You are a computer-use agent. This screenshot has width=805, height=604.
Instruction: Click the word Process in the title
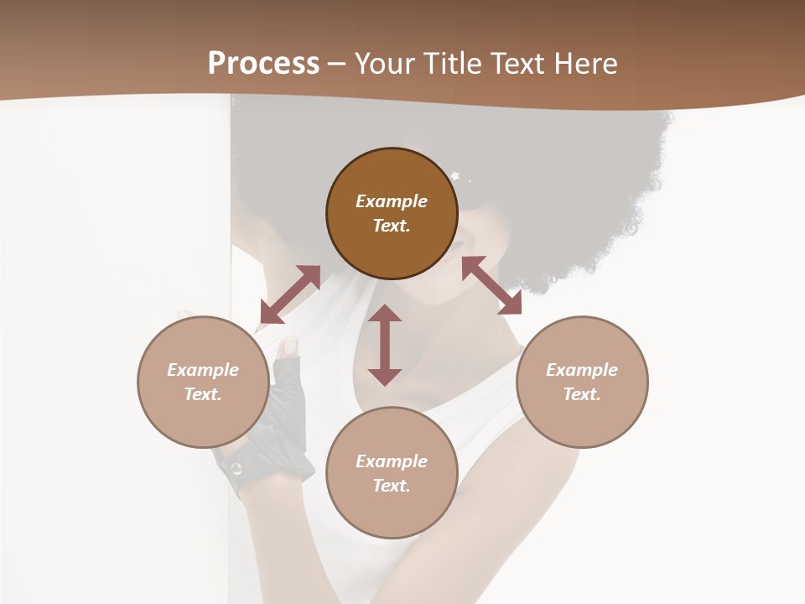263,64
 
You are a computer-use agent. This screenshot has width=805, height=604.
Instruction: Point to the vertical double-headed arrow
385,345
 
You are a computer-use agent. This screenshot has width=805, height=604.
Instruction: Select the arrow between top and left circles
290,294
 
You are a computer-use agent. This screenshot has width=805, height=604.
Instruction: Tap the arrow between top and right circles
491,285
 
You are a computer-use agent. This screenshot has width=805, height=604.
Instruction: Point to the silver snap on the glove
236,468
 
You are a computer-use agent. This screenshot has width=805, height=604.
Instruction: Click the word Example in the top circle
392,201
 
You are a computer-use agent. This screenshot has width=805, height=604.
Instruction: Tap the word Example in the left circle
203,370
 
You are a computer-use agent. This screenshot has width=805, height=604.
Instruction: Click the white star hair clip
456,175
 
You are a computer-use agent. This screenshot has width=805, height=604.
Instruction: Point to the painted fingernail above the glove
289,345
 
